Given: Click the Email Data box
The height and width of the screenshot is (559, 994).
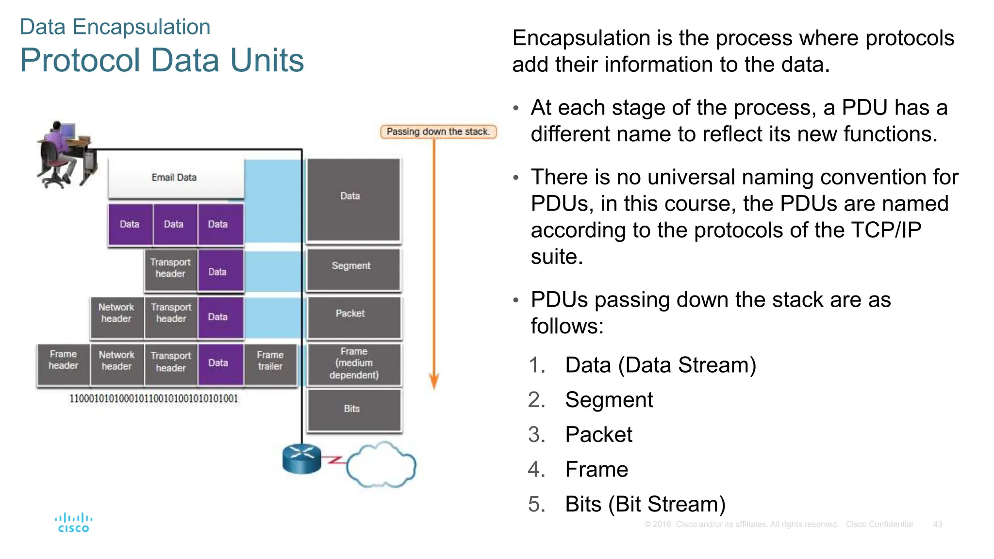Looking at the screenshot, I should tap(175, 178).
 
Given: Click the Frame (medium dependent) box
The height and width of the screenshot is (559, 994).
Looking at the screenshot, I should tap(354, 363).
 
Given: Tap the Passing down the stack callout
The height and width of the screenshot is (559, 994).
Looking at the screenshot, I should tap(438, 132).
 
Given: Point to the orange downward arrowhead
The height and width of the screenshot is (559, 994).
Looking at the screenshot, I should tap(434, 381).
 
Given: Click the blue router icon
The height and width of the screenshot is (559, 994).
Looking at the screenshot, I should tap(301, 459).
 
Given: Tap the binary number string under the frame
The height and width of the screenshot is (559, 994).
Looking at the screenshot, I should tap(154, 399).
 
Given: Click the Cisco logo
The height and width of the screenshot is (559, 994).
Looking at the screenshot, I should tap(73, 523).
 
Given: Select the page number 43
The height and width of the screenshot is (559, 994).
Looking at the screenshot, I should tap(937, 525).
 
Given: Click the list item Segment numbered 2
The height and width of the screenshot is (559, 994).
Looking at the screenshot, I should tap(609, 400).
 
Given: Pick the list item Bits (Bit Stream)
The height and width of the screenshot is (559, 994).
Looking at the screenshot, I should tap(645, 505).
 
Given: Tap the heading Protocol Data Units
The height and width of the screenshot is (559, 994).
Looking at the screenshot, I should tap(162, 61).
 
